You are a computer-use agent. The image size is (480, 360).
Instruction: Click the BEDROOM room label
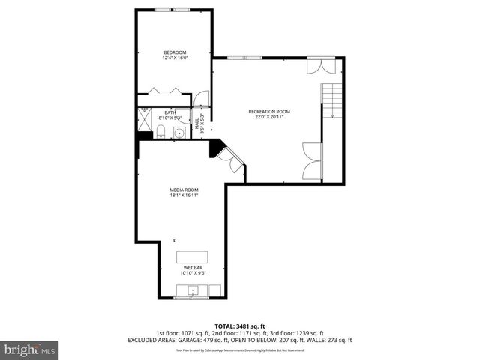[175, 52]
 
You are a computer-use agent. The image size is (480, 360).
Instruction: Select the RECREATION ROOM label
[269, 112]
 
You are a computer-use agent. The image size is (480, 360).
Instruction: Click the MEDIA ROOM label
[184, 190]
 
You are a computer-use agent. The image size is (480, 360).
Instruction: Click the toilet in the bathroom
[160, 133]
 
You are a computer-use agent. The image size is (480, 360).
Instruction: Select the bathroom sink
[178, 133]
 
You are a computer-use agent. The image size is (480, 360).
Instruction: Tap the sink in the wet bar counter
[193, 291]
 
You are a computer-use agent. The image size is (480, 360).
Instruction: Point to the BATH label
[170, 112]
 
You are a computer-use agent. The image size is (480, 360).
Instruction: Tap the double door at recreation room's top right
[320, 66]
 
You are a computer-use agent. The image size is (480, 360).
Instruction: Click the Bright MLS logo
[30, 349]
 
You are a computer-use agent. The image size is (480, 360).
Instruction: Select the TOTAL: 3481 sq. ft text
[239, 325]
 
